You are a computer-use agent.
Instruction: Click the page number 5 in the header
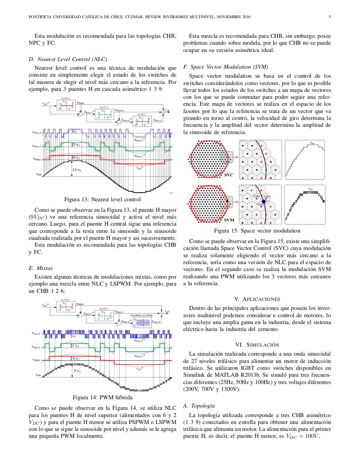pyautogui.click(x=329, y=17)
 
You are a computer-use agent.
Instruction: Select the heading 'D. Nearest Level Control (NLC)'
pyautogui.click(x=68, y=59)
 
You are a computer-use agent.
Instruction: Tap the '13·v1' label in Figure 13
pyautogui.click(x=76, y=170)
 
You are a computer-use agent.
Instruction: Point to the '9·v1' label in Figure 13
pyautogui.click(x=76, y=158)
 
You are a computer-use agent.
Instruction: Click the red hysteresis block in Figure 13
pyautogui.click(x=66, y=105)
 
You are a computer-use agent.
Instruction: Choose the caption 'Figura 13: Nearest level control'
pyautogui.click(x=102, y=199)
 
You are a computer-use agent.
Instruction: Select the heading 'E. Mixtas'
pyautogui.click(x=41, y=268)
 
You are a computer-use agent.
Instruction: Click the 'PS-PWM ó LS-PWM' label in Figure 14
pyautogui.click(x=141, y=316)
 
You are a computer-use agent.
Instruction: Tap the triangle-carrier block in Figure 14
pyautogui.click(x=142, y=323)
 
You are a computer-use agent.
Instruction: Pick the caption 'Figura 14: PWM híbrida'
pyautogui.click(x=103, y=397)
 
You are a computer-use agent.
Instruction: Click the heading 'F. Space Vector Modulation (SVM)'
pyautogui.click(x=225, y=67)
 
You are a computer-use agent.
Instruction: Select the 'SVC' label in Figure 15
pyautogui.click(x=229, y=175)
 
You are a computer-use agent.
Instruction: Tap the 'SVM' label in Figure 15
pyautogui.click(x=229, y=220)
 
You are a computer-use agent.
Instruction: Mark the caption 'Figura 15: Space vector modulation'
pyautogui.click(x=257, y=231)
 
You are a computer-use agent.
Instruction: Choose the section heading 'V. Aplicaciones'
pyautogui.click(x=257, y=299)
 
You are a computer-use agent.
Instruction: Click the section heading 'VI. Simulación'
pyautogui.click(x=257, y=345)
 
